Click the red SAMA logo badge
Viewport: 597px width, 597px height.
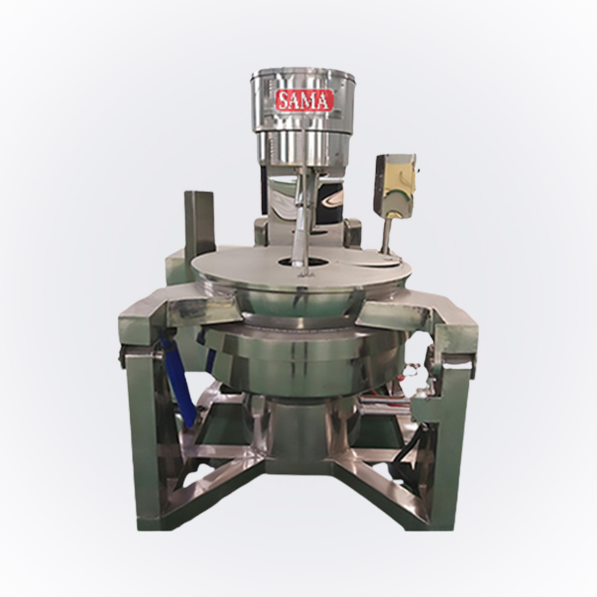(304, 100)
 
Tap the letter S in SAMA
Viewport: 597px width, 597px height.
(284, 101)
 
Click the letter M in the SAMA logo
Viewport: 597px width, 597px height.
(309, 101)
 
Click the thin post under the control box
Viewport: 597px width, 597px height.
(386, 235)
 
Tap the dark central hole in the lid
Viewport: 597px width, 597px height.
(303, 261)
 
